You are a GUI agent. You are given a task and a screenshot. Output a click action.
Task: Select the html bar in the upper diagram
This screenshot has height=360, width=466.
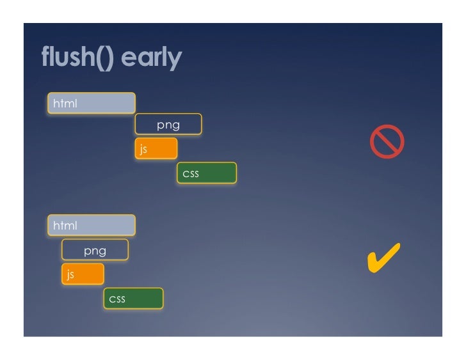pos(91,103)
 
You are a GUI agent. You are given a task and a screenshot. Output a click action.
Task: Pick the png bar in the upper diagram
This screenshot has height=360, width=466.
pos(168,125)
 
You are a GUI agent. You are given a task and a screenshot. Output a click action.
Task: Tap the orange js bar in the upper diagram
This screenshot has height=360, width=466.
pos(156,148)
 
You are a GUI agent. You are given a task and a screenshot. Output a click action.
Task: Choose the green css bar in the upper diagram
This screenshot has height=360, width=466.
pos(207,173)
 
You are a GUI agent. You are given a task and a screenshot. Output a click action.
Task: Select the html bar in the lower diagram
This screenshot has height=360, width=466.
pos(91,225)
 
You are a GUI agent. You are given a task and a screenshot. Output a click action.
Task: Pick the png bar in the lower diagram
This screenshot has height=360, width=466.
pos(95,250)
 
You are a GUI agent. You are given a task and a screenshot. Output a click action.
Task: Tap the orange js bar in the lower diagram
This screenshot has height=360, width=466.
pos(83,274)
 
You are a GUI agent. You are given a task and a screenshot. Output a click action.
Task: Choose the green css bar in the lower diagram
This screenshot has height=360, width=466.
pos(133,299)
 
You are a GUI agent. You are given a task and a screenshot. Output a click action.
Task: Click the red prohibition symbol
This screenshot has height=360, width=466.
pos(387,141)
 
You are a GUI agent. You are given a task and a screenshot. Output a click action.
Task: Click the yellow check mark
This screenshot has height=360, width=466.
pos(383,256)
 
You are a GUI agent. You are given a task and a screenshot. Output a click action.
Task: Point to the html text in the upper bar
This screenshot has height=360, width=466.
pos(65,103)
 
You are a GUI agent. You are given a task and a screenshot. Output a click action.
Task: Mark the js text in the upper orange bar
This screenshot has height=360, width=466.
pos(144,149)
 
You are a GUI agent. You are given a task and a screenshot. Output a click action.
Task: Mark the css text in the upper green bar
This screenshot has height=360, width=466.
pos(191,173)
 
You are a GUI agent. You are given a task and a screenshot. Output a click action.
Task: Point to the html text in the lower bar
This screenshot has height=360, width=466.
pos(65,225)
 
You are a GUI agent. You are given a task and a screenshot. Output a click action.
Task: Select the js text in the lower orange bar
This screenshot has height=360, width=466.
pos(70,275)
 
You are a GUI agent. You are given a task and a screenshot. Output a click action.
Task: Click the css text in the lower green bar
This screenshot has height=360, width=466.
pos(117,299)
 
